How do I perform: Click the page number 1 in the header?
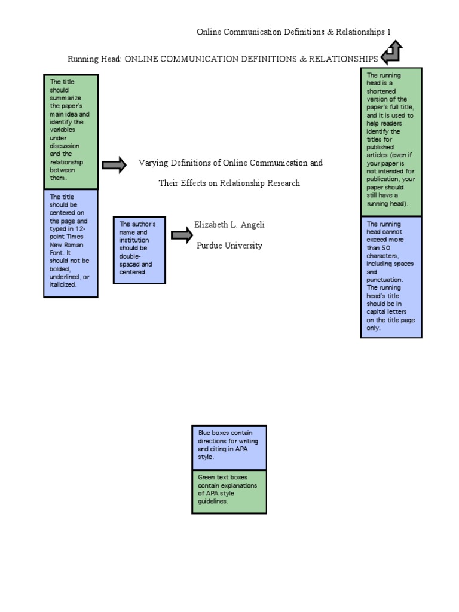point(388,32)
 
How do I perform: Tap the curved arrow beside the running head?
point(391,53)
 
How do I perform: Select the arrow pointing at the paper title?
point(114,165)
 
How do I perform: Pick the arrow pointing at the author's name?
point(182,234)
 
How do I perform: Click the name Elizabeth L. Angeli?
point(229,225)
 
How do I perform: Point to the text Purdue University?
point(229,246)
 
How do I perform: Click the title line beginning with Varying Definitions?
point(231,163)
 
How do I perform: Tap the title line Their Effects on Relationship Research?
point(229,183)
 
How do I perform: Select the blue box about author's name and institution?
point(139,250)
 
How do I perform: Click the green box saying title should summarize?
point(71,131)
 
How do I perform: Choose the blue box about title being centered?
point(71,243)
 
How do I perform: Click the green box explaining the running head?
point(391,142)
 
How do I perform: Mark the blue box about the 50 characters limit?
point(391,277)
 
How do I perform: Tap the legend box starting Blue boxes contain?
point(229,448)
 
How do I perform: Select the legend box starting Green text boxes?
point(229,492)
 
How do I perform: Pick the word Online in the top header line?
point(209,32)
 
